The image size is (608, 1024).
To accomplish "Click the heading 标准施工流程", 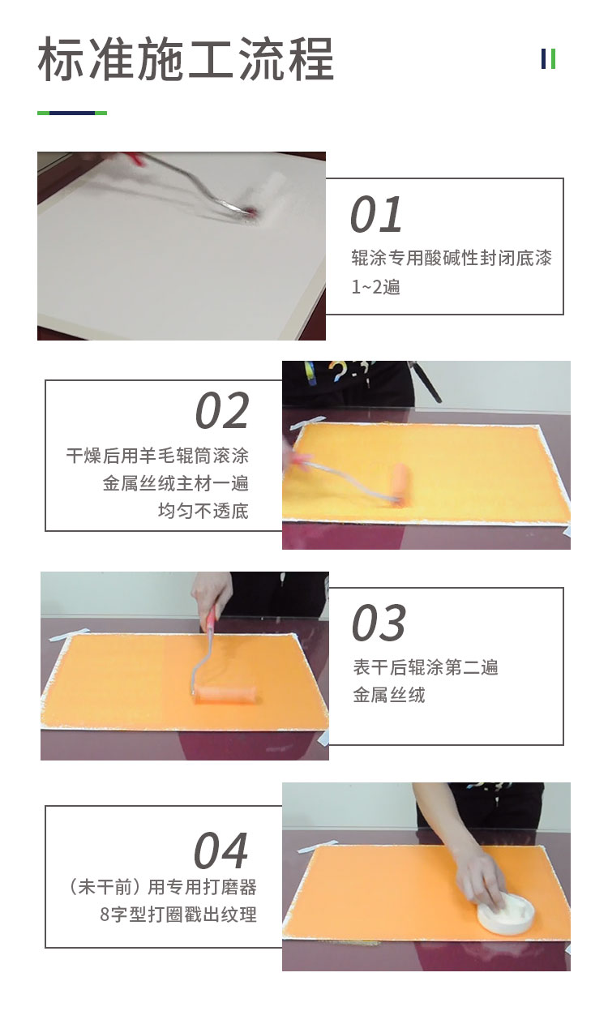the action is (x=185, y=59).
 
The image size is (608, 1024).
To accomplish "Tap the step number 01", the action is (x=376, y=214).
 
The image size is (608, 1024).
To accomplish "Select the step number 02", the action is (x=222, y=410).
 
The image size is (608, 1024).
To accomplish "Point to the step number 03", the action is (x=379, y=622).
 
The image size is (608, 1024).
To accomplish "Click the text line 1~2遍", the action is (x=376, y=287).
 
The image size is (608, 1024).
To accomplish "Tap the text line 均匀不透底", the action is (x=203, y=511).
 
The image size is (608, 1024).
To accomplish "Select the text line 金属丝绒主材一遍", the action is (x=176, y=482).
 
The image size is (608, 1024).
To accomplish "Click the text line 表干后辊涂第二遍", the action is (x=425, y=667).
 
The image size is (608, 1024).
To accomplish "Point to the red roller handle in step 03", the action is (x=209, y=616).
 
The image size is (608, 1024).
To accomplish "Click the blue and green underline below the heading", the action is (x=72, y=113).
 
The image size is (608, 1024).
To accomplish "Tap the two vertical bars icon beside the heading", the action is (x=548, y=58).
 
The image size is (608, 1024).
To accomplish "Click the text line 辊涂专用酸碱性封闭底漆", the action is (x=452, y=259).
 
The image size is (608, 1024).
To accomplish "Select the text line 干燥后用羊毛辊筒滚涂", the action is (x=157, y=456).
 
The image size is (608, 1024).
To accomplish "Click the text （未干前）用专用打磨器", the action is (x=162, y=887).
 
